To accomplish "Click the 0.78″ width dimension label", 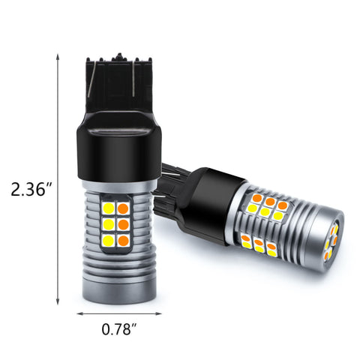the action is pyautogui.click(x=119, y=329).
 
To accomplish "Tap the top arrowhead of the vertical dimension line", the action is pyautogui.click(x=58, y=56).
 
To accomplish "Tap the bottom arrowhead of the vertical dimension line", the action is pyautogui.click(x=58, y=301).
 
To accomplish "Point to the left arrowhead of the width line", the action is pyautogui.click(x=79, y=313).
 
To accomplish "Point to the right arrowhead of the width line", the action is pyautogui.click(x=158, y=313).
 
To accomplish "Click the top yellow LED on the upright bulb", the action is pyautogui.click(x=108, y=208).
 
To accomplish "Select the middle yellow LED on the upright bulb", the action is pyautogui.click(x=108, y=224).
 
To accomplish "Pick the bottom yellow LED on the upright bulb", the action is pyautogui.click(x=108, y=240).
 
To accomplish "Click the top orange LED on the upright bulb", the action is pyautogui.click(x=123, y=208).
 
